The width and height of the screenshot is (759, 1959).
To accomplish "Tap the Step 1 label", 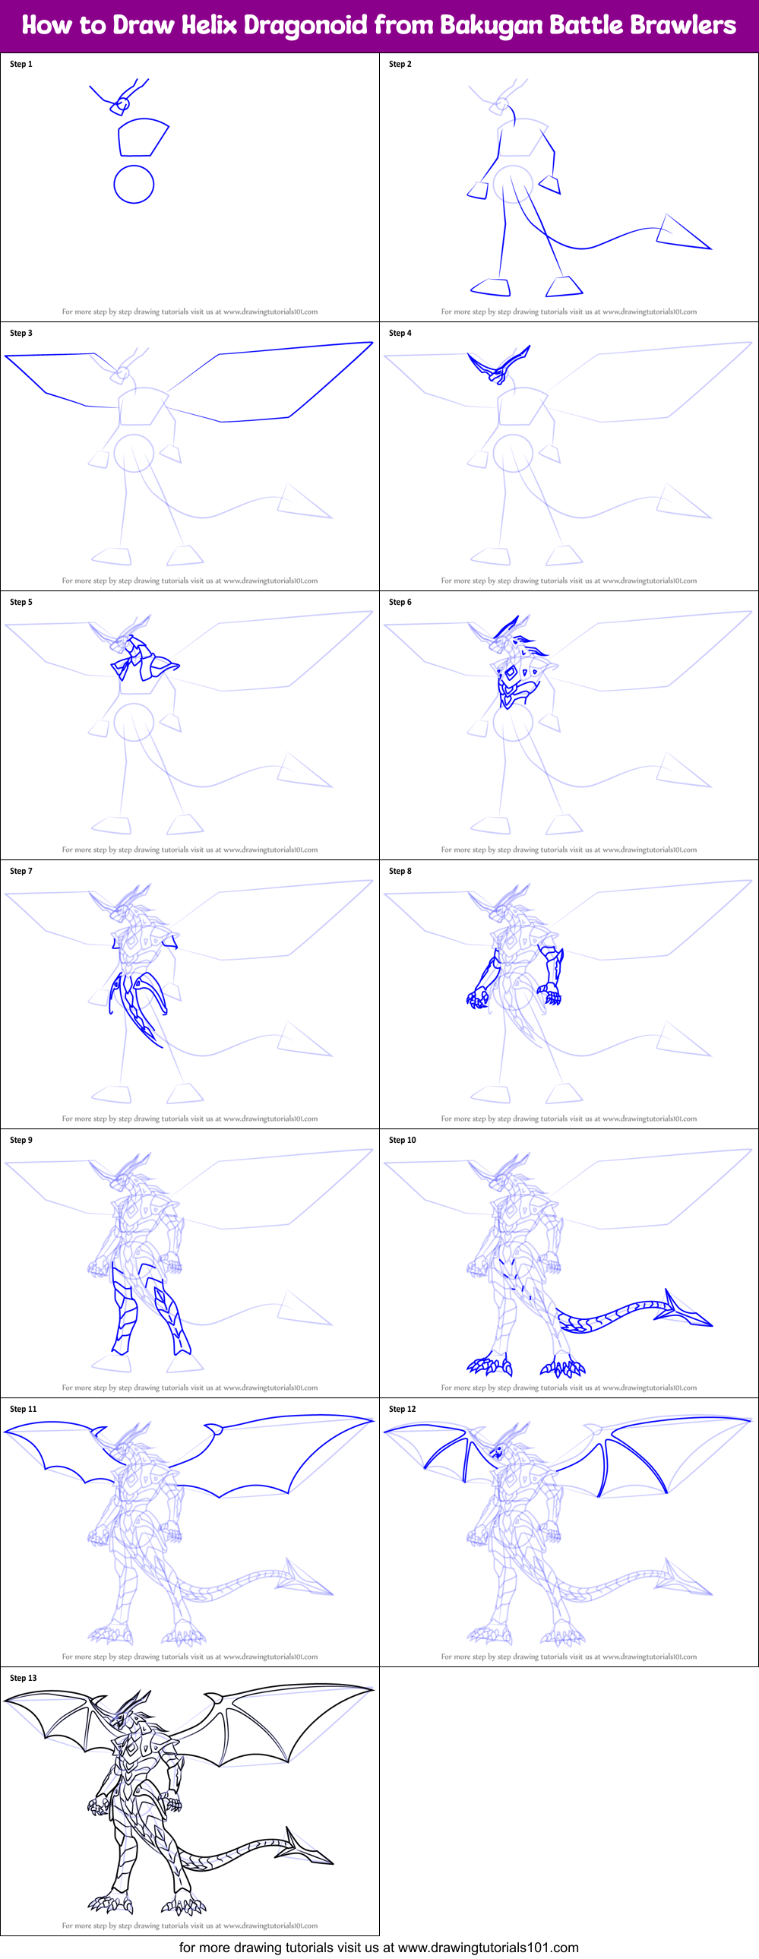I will pyautogui.click(x=21, y=64).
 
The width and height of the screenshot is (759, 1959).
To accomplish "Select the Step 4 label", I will pyautogui.click(x=400, y=333).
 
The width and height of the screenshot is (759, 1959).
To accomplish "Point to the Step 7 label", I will pyautogui.click(x=21, y=871).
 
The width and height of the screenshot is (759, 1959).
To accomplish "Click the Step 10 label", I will pyautogui.click(x=403, y=1140).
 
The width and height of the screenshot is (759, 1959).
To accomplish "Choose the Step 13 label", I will pyautogui.click(x=23, y=1678).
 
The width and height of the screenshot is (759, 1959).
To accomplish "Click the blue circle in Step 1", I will pyautogui.click(x=134, y=184).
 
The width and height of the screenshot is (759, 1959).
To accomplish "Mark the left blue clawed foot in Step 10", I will pyautogui.click(x=490, y=1366).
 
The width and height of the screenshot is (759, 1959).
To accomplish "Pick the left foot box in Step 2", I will pyautogui.click(x=492, y=287).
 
